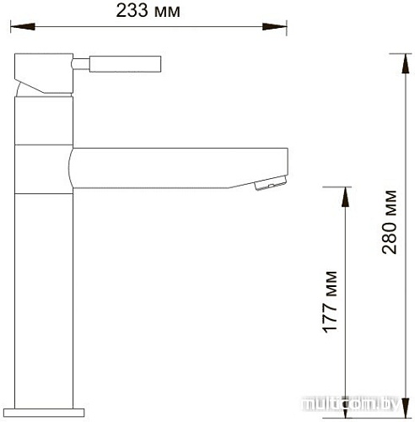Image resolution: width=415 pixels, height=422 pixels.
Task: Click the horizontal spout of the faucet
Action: pos(177,166)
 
